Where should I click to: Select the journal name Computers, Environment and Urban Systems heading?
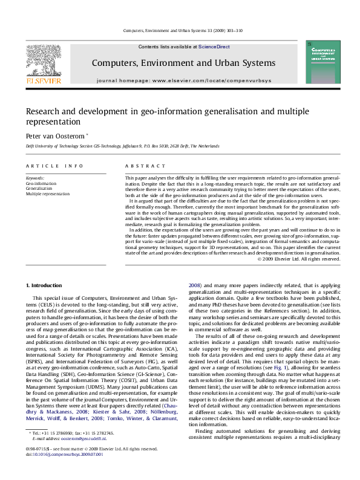183,63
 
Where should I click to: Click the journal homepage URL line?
183,80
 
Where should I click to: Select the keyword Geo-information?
42,183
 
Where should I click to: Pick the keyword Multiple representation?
47,193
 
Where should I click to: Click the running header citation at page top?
183,29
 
